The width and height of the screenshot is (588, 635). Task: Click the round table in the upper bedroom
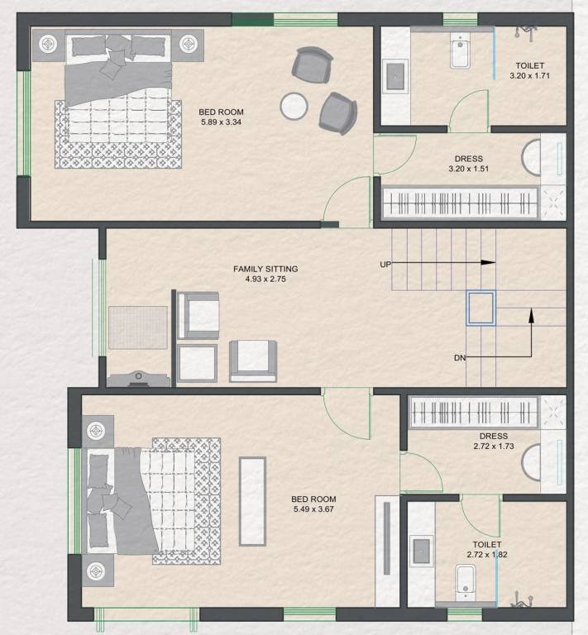click(x=294, y=106)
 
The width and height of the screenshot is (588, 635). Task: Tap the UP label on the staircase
click(x=385, y=264)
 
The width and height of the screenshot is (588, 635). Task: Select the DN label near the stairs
click(x=461, y=358)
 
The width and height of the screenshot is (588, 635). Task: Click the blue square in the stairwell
click(x=480, y=306)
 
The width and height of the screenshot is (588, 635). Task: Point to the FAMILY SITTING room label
click(x=265, y=269)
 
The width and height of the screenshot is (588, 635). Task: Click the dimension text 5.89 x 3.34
click(x=221, y=123)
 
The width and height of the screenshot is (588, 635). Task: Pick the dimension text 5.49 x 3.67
click(x=313, y=510)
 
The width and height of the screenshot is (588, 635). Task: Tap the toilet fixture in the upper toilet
click(x=460, y=54)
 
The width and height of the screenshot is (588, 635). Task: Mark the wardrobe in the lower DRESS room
click(x=475, y=412)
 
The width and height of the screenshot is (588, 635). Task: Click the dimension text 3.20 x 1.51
click(x=468, y=169)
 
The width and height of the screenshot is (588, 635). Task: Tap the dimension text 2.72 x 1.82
click(x=485, y=555)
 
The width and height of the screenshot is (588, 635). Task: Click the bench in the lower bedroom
click(x=252, y=500)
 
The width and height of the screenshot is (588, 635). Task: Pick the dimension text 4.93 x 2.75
click(x=265, y=279)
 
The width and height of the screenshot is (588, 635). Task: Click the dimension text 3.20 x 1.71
click(x=530, y=75)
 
